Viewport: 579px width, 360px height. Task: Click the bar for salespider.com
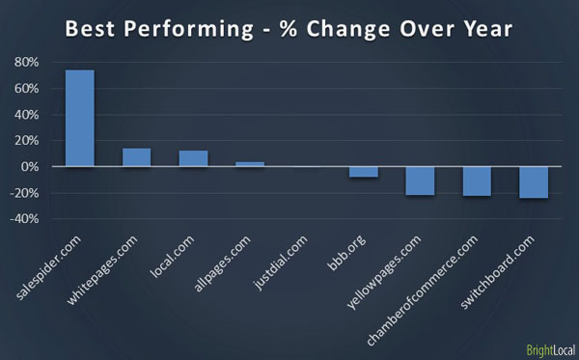[x=79, y=119]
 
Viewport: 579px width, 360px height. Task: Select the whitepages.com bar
[x=136, y=157]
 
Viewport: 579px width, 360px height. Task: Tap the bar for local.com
[x=193, y=158]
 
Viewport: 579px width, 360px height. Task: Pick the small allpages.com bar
[x=250, y=164]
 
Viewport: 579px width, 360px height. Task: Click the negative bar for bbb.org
[x=364, y=172]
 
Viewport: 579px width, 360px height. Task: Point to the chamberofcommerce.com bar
[x=477, y=181]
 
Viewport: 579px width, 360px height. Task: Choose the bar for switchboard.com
[x=534, y=182]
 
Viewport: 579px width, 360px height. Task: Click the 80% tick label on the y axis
[x=26, y=63]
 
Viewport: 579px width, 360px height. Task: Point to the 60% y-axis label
[x=26, y=89]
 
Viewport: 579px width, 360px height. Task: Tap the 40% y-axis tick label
[x=26, y=115]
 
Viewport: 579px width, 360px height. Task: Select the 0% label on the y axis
[x=29, y=167]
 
